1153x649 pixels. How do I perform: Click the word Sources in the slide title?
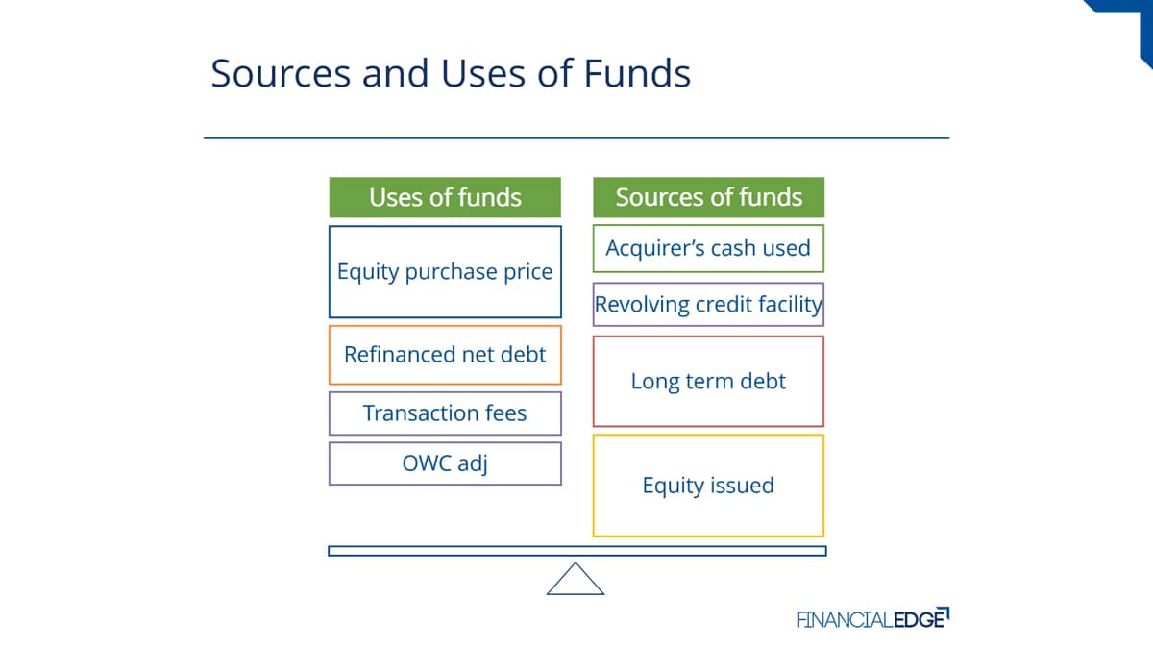tap(281, 73)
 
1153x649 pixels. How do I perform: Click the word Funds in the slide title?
tap(637, 73)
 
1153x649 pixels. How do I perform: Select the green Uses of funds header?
tap(445, 197)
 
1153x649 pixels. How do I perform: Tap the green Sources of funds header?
tap(708, 197)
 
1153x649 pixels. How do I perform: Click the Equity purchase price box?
tap(445, 272)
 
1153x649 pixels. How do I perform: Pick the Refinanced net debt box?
tap(445, 355)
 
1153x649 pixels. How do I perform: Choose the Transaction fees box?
tap(445, 413)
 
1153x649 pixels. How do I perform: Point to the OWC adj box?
tap(445, 463)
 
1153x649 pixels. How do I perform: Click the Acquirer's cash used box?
tap(708, 248)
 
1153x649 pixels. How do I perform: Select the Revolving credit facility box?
tap(708, 305)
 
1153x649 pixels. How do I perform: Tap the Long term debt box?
tap(708, 381)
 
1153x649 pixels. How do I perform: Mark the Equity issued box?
tap(708, 486)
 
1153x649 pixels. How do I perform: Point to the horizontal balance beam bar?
tap(577, 551)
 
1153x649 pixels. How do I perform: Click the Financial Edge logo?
tap(873, 618)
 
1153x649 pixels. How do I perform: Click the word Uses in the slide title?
tap(482, 73)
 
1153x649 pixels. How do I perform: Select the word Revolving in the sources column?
tap(642, 305)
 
